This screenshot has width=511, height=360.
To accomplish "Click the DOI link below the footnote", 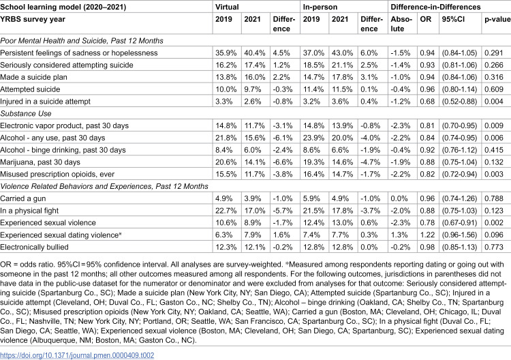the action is [77, 355].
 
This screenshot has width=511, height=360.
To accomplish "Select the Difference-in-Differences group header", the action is [435, 7].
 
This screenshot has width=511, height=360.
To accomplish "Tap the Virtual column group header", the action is [227, 7].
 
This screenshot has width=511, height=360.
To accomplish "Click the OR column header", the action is [425, 19].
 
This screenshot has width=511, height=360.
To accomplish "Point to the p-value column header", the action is [497, 19].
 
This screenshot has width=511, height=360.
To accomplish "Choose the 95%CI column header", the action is [453, 19].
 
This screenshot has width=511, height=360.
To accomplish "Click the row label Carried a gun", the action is [23, 198].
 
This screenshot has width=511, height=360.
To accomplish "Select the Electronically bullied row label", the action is [34, 247].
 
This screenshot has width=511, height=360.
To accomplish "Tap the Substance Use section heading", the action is [26, 113].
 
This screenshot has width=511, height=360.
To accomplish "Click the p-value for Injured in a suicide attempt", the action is [494, 102].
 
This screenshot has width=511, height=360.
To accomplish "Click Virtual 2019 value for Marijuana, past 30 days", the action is [226, 162].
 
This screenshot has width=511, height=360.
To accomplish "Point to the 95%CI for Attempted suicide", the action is [459, 89].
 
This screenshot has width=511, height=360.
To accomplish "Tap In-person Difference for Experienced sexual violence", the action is [369, 223].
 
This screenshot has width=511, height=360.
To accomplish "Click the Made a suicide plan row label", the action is [33, 77].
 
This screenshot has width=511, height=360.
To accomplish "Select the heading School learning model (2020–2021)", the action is [63, 7].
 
